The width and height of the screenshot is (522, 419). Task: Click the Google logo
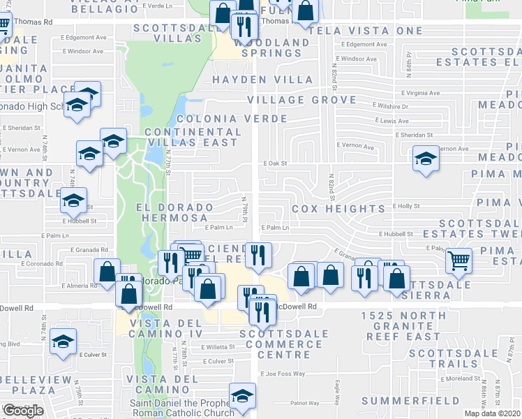point(23,411)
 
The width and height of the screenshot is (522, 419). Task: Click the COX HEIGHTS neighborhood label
point(338,209)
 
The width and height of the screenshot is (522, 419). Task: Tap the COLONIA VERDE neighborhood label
point(219,119)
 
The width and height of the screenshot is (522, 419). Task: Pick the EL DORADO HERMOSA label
point(174,213)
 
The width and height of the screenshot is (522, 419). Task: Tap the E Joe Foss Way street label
point(283,374)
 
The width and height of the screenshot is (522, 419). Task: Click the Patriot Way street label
point(304,403)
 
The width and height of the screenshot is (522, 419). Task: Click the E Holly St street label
point(406,206)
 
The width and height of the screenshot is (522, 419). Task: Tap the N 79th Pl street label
point(245,207)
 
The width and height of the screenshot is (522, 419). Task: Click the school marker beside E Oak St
point(426,158)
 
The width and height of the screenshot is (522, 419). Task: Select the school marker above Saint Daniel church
point(243,396)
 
